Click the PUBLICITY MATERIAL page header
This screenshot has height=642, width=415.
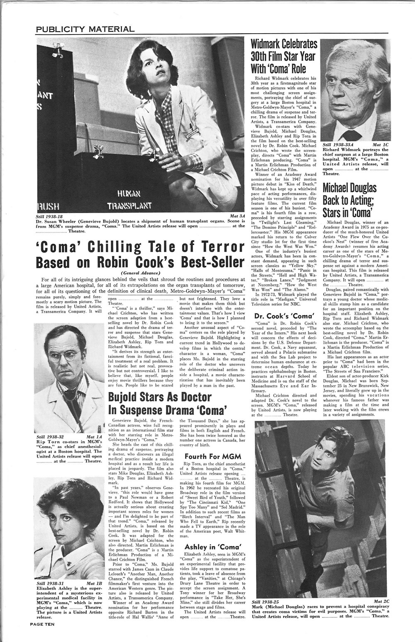[85, 29]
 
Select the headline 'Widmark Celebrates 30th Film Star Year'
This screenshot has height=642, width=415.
[284, 56]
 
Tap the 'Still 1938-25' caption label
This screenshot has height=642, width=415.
[266, 601]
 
